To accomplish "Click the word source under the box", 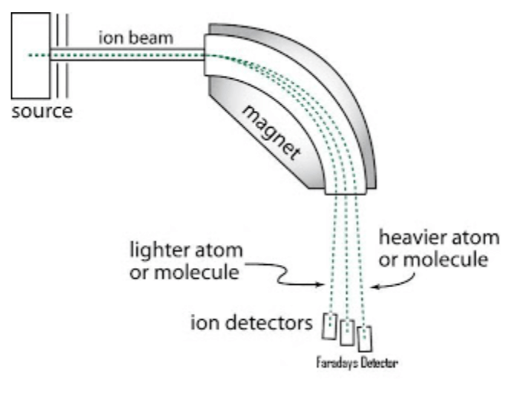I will point(43,113).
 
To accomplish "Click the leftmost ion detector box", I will point(331,325).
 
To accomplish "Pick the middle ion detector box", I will point(347,331).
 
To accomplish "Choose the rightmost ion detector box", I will point(365,337).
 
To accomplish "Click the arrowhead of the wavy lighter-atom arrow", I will point(320,285).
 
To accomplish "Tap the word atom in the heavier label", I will point(468,238).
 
